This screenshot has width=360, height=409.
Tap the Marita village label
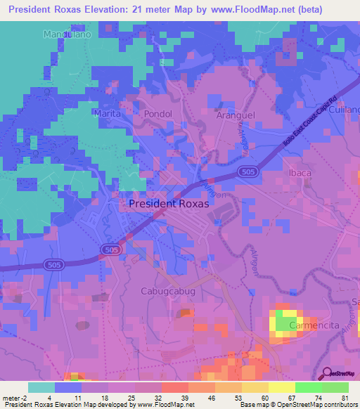pyautogui.click(x=108, y=113)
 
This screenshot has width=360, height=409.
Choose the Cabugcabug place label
pyautogui.click(x=167, y=290)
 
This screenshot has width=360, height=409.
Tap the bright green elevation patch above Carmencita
pyautogui.click(x=285, y=323)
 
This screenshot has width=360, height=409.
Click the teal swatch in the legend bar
pyautogui.click(x=41, y=387)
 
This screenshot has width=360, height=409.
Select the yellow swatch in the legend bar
pyautogui.click(x=281, y=387)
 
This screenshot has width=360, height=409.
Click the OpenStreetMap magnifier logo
pyautogui.click(x=326, y=373)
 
